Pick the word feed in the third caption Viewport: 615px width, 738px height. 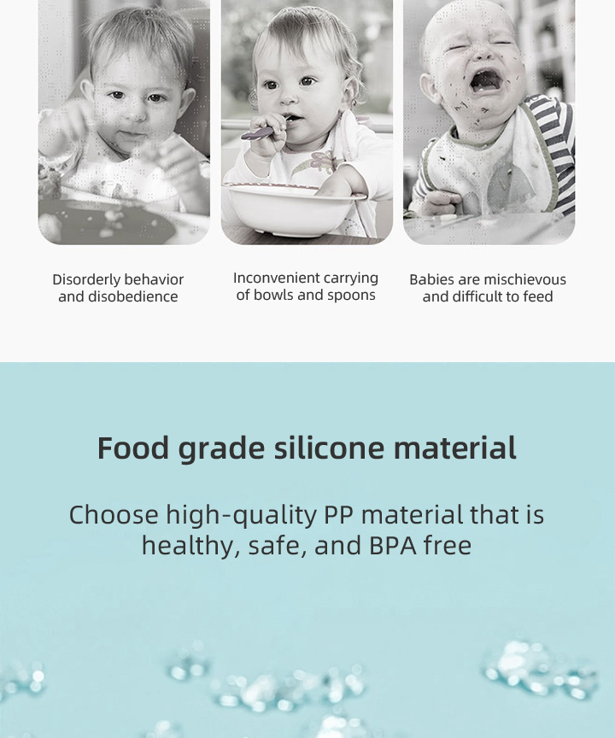(x=538, y=296)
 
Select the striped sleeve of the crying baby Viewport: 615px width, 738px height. (x=559, y=145)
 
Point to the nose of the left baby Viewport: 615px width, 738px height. (x=133, y=115)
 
